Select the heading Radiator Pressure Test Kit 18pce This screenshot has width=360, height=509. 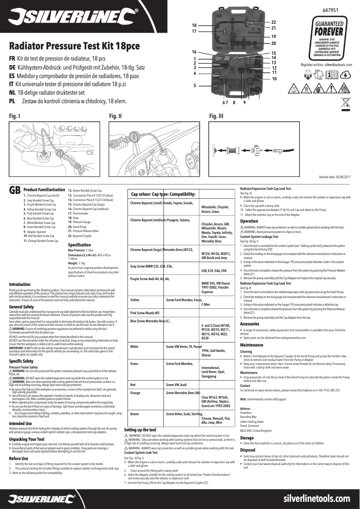(x=75, y=46)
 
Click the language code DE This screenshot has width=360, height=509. (x=13, y=67)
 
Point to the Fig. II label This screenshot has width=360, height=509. (x=116, y=116)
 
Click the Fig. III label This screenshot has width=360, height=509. (x=216, y=116)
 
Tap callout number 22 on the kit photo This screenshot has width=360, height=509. (x=273, y=22)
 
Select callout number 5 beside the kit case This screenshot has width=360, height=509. (x=195, y=85)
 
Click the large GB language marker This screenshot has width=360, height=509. (x=15, y=191)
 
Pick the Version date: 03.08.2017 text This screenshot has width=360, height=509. (x=334, y=178)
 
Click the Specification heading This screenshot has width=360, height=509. (x=79, y=245)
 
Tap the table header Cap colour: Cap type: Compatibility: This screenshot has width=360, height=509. (x=163, y=194)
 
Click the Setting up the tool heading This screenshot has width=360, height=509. (x=140, y=430)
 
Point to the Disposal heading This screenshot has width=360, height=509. (x=248, y=450)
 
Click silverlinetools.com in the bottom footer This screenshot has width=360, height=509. (x=317, y=499)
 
